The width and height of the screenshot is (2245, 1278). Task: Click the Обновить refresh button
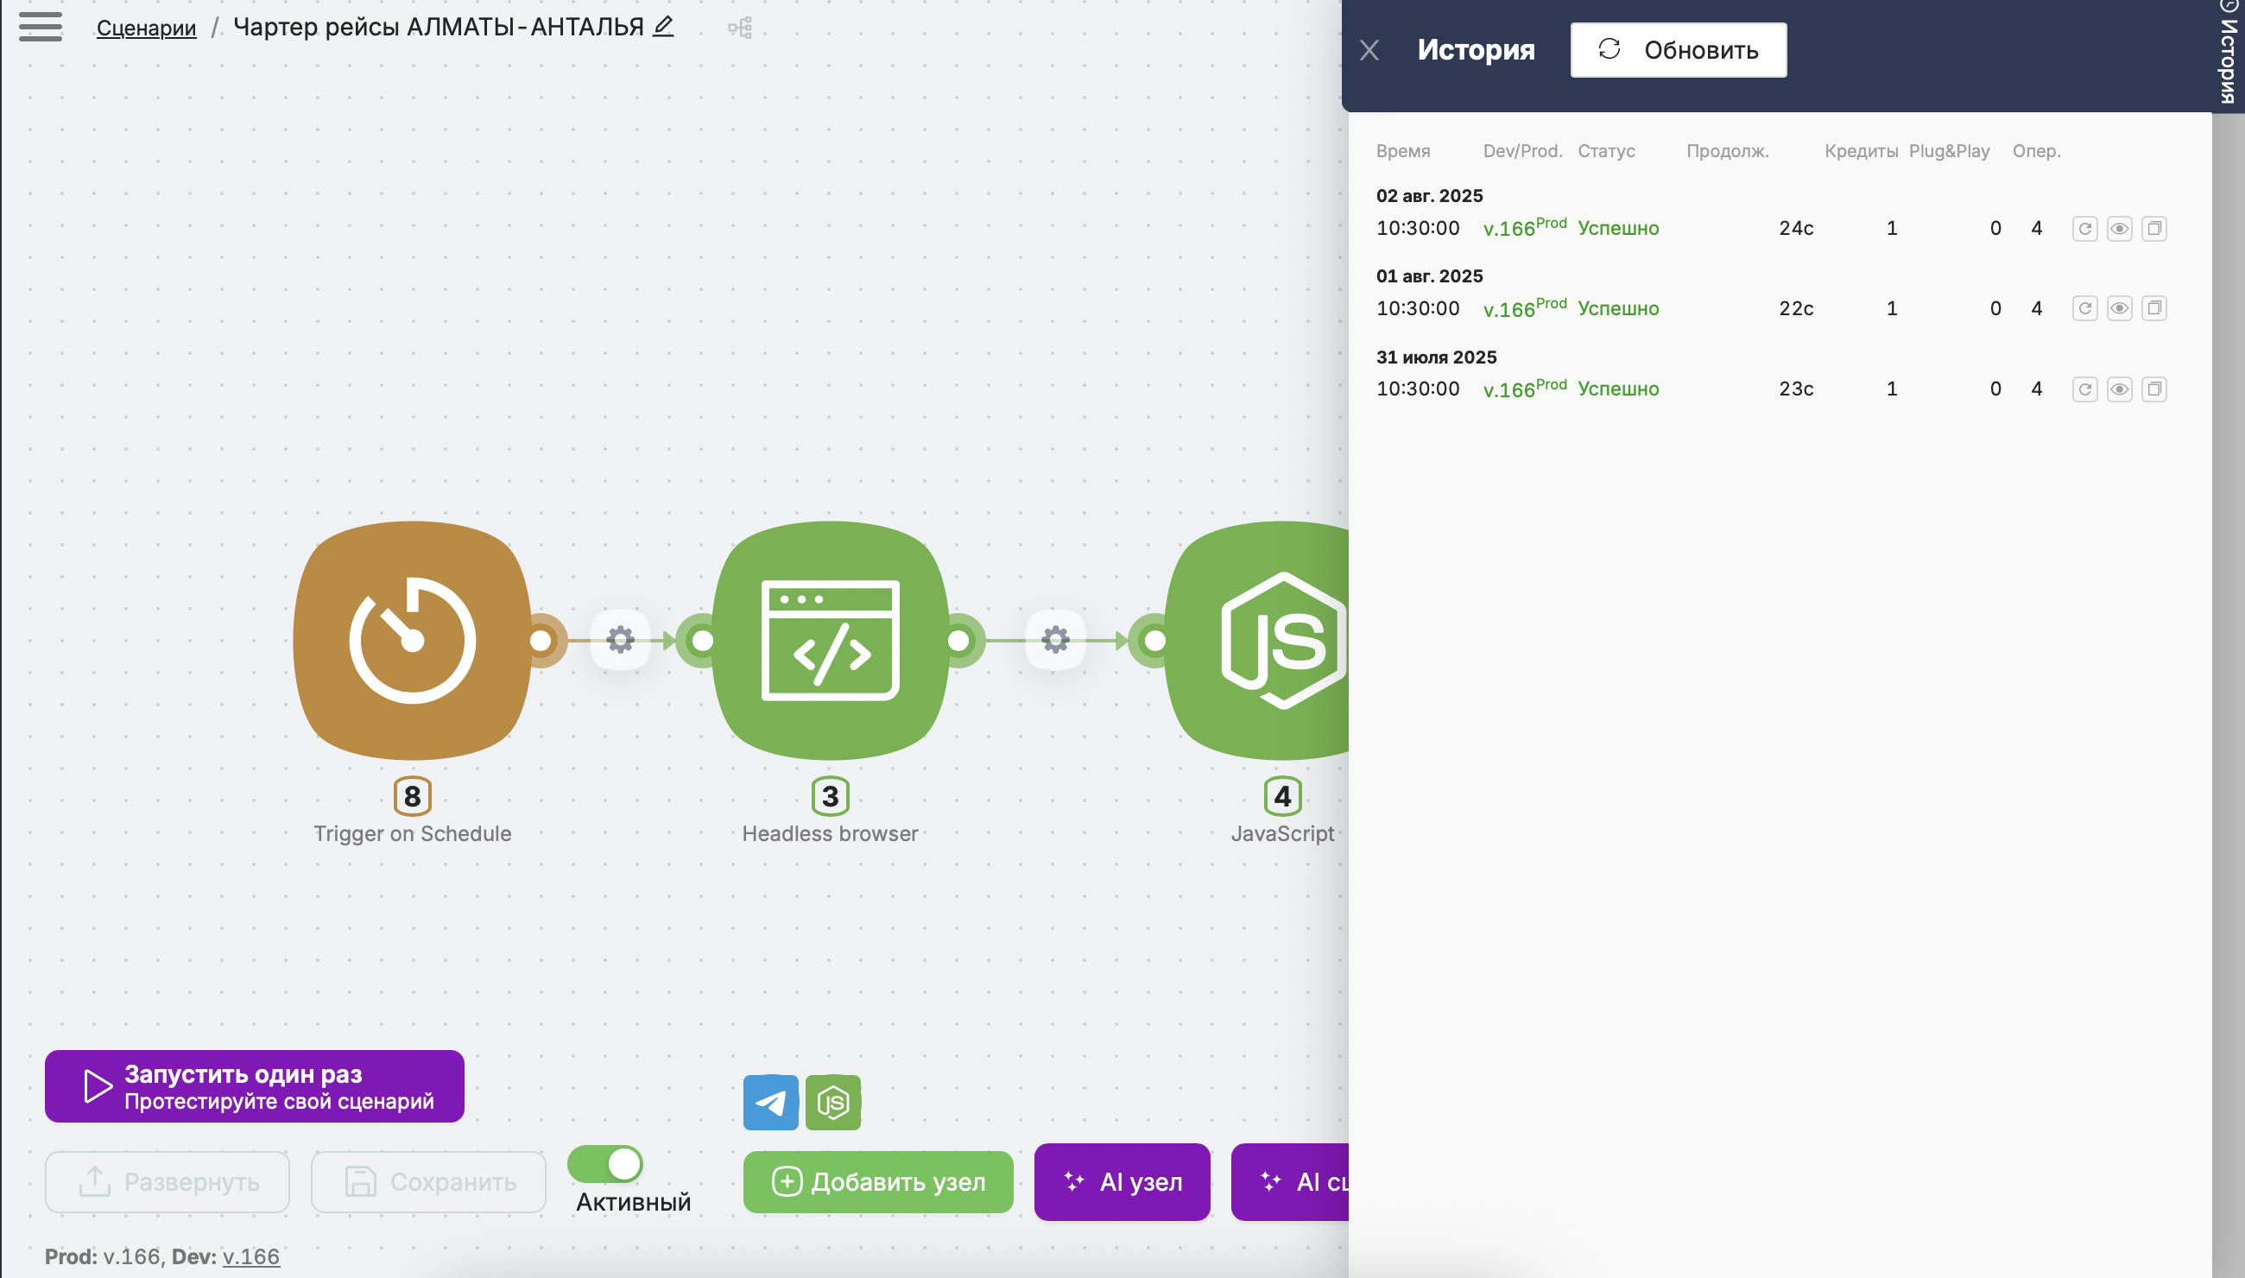(1678, 50)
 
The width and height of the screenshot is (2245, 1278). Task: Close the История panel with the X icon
(1369, 50)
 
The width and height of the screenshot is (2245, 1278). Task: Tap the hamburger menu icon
(41, 26)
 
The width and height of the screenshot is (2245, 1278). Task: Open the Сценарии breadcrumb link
(146, 28)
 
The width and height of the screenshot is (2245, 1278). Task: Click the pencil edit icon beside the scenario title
(663, 26)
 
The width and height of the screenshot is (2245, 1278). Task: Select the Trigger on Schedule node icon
(413, 640)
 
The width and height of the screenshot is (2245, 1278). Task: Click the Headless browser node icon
(831, 640)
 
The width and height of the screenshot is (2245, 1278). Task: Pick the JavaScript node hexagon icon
(1283, 640)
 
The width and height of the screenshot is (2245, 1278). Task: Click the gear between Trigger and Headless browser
(621, 640)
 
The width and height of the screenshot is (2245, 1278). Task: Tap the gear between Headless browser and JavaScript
(1056, 640)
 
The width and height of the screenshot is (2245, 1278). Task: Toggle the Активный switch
(605, 1164)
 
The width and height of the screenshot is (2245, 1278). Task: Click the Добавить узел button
(877, 1181)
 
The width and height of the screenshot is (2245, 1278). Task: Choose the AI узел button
(1122, 1181)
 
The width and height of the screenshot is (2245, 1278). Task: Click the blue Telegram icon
(770, 1103)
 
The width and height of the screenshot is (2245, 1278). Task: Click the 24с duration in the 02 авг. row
(1796, 228)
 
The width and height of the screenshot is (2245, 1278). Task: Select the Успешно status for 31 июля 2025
(1618, 389)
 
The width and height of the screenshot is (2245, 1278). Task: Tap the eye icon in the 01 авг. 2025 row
(2120, 308)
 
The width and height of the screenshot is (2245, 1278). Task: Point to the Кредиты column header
(1861, 151)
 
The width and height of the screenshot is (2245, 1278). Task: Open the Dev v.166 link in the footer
(251, 1257)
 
